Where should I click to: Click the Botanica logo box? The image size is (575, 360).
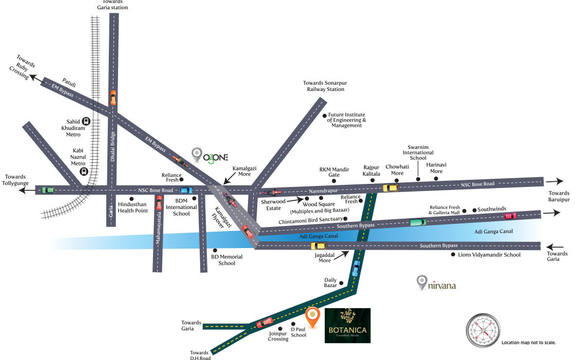point(348,326)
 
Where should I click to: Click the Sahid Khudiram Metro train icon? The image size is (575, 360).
point(86,121)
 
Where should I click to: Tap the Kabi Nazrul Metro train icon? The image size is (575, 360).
point(83,172)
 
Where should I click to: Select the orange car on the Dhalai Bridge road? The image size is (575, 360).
point(113,98)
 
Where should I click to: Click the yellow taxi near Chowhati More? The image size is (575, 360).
point(390,187)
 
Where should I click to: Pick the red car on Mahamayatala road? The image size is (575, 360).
point(159,202)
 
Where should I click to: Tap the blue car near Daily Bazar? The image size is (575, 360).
point(356,268)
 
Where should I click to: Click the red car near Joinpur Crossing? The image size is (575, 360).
point(265,323)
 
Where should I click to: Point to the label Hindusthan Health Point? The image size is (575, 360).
point(132,207)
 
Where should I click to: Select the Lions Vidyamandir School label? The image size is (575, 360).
point(489,255)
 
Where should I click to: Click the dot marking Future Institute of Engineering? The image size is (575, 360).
point(324,116)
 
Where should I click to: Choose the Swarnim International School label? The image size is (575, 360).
point(417,153)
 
